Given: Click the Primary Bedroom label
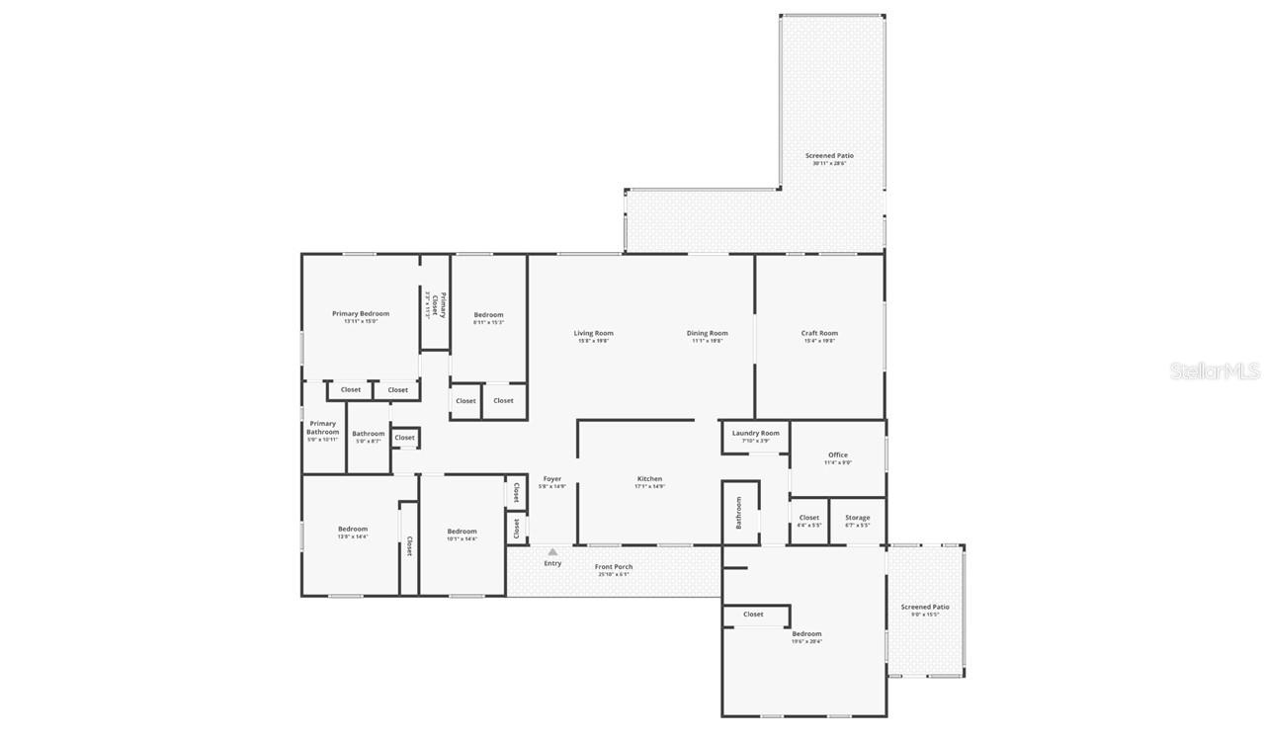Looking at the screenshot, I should pyautogui.click(x=360, y=314).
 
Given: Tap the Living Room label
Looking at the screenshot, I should pyautogui.click(x=593, y=333).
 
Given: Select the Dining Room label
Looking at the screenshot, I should pyautogui.click(x=707, y=333).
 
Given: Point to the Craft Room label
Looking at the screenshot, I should pyautogui.click(x=819, y=333).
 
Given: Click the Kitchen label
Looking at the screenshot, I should pyautogui.click(x=649, y=479).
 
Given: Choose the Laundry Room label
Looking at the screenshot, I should pyautogui.click(x=755, y=433).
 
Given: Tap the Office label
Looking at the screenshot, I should pyautogui.click(x=838, y=455).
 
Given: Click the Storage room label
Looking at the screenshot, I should pyautogui.click(x=857, y=518).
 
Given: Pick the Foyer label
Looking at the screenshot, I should pyautogui.click(x=551, y=479).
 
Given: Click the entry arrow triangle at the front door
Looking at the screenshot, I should pyautogui.click(x=552, y=551).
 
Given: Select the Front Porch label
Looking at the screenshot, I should pyautogui.click(x=613, y=567).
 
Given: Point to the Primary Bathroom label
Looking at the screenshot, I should pyautogui.click(x=322, y=428).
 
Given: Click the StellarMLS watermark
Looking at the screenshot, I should pyautogui.click(x=1215, y=371).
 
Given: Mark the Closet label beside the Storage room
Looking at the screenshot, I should pyautogui.click(x=808, y=518).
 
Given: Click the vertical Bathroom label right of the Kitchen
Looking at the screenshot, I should pyautogui.click(x=737, y=513).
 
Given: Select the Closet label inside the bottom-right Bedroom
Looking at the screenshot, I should pyautogui.click(x=753, y=615).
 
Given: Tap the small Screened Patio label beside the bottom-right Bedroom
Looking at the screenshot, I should pyautogui.click(x=924, y=608).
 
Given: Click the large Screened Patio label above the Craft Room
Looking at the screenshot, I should pyautogui.click(x=829, y=156).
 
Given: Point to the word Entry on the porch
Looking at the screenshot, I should pyautogui.click(x=552, y=564).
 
